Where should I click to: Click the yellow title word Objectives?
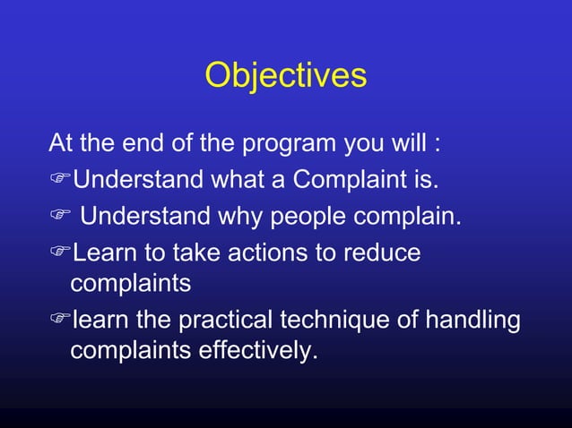(x=285, y=75)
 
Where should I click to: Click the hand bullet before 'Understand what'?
(x=59, y=181)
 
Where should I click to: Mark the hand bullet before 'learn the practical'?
(x=59, y=321)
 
